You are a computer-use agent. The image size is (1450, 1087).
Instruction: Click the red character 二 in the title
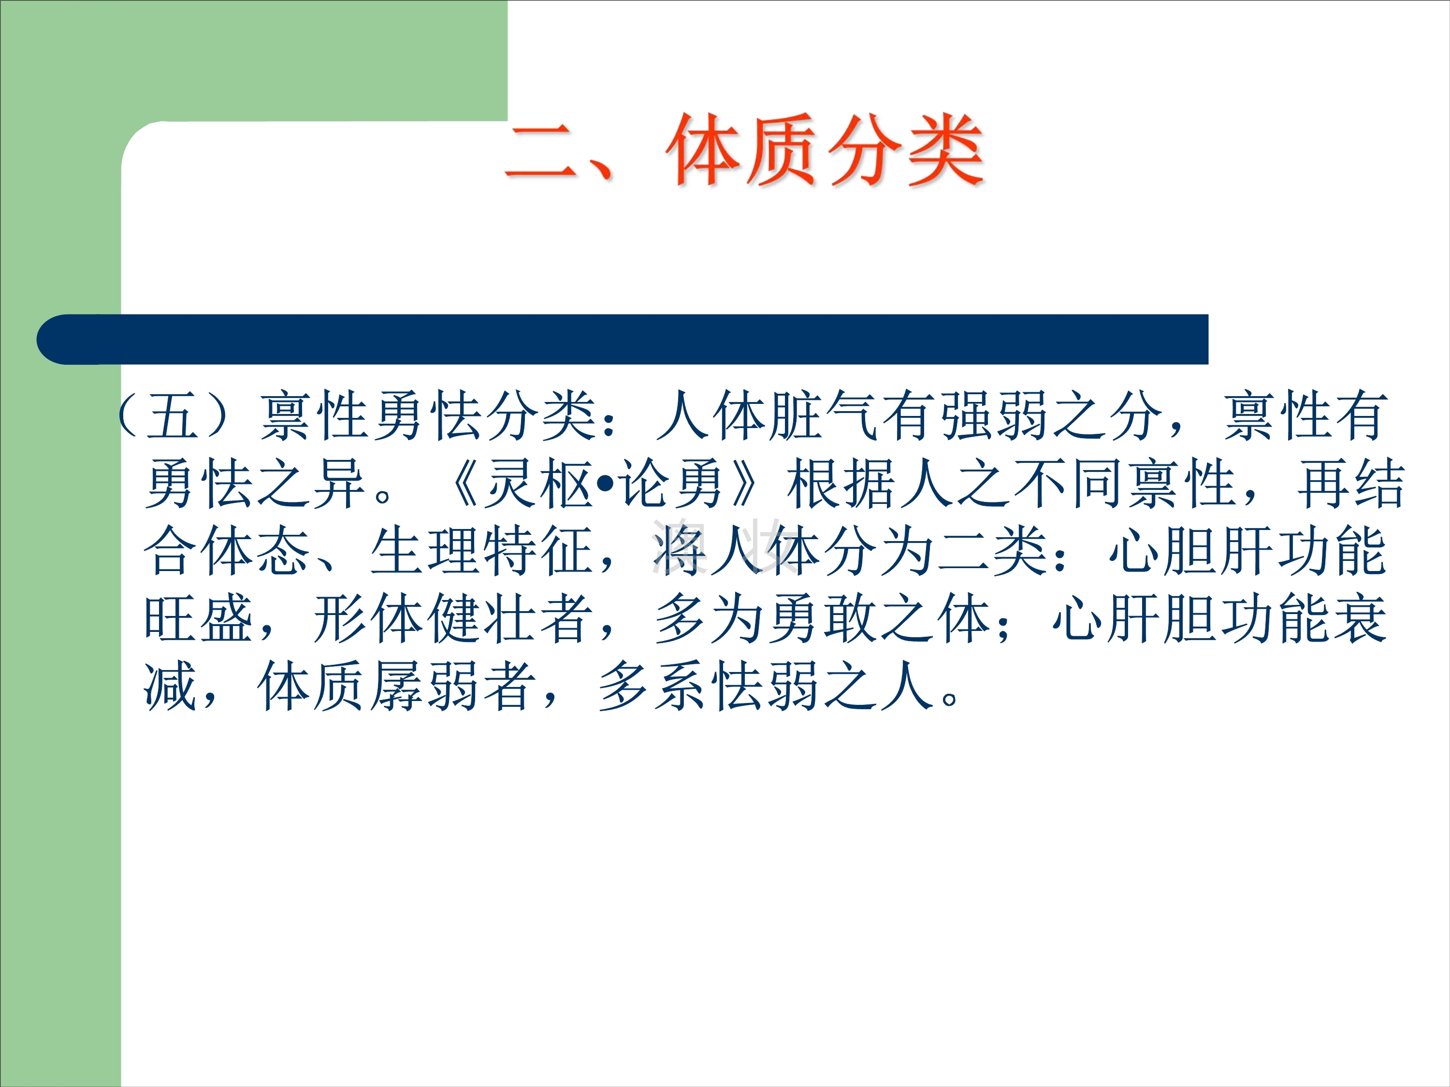coord(541,152)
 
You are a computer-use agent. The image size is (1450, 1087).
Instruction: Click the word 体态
coord(256,552)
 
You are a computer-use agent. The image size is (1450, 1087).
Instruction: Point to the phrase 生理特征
coord(482,552)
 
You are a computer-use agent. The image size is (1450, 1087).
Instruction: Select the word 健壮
coord(482,620)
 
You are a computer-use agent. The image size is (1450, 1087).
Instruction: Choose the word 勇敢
coord(823,620)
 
